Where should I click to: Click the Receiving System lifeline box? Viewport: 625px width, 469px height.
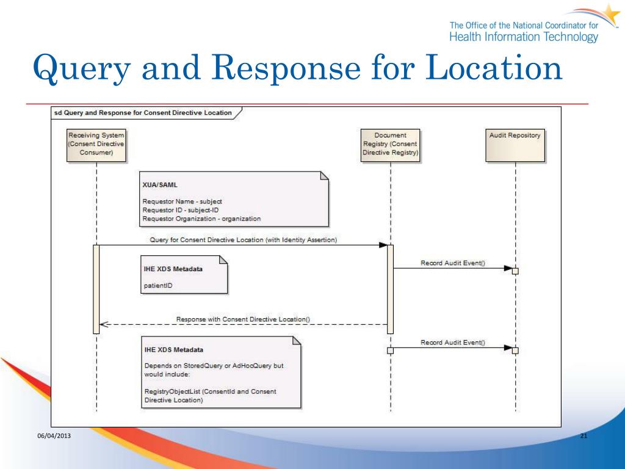pos(96,144)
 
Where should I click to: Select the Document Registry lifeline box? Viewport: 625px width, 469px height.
pos(390,144)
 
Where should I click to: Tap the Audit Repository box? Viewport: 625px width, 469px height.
pos(515,144)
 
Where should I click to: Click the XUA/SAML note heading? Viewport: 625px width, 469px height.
pos(156,184)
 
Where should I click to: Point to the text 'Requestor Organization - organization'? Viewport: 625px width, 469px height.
pos(201,218)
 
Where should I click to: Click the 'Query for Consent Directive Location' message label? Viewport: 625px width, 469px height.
pos(243,240)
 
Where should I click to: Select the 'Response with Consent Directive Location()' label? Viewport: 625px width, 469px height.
pos(243,319)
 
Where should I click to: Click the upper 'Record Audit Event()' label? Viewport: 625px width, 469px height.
pos(453,263)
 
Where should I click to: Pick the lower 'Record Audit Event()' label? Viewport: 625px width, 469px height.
pos(453,343)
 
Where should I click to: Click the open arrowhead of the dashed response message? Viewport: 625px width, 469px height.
pos(104,325)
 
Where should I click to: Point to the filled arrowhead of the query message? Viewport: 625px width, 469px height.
pos(383,245)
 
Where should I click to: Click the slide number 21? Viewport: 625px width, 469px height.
pos(583,435)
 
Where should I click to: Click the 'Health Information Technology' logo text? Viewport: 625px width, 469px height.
pos(524,37)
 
